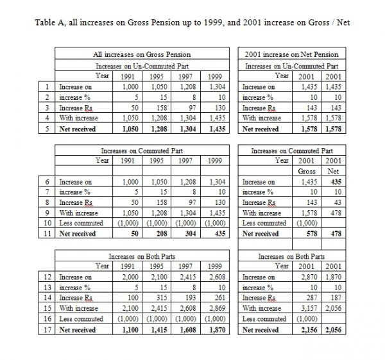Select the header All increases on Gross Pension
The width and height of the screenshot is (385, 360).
[x=142, y=56]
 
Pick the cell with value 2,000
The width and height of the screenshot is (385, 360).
[x=131, y=277]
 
